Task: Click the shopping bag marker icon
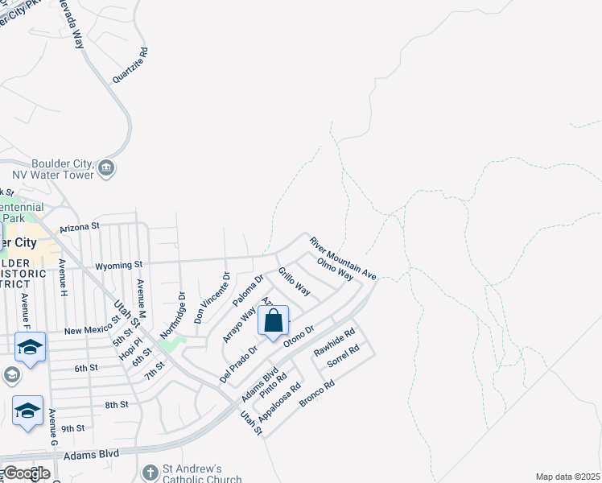pyautogui.click(x=274, y=320)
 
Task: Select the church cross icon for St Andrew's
pyautogui.click(x=150, y=473)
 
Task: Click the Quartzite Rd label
pyautogui.click(x=131, y=64)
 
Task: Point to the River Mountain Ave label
pyautogui.click(x=344, y=258)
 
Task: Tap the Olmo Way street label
pyautogui.click(x=336, y=269)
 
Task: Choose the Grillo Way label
pyautogui.click(x=295, y=281)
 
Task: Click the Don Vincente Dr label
pyautogui.click(x=212, y=297)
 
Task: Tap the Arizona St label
pyautogui.click(x=78, y=227)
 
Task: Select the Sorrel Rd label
pyautogui.click(x=343, y=357)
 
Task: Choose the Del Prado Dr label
pyautogui.click(x=238, y=364)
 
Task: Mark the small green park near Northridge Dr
pyautogui.click(x=170, y=345)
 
